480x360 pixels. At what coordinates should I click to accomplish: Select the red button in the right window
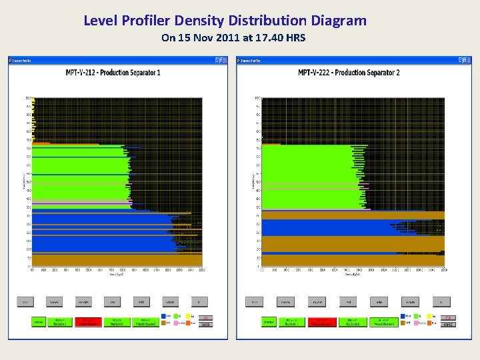(323, 322)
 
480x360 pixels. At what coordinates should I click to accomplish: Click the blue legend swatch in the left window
(164, 317)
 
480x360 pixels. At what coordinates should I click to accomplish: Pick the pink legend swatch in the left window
(177, 323)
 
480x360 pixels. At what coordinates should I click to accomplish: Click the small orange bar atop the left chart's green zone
(41, 143)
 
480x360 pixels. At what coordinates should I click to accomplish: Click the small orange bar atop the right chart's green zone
(271, 143)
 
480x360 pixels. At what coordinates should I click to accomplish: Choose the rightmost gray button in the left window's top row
(198, 301)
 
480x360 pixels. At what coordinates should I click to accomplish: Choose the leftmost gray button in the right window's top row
(255, 301)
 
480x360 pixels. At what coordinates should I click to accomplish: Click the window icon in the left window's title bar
(11, 60)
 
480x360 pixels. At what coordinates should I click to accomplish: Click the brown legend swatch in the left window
(164, 323)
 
